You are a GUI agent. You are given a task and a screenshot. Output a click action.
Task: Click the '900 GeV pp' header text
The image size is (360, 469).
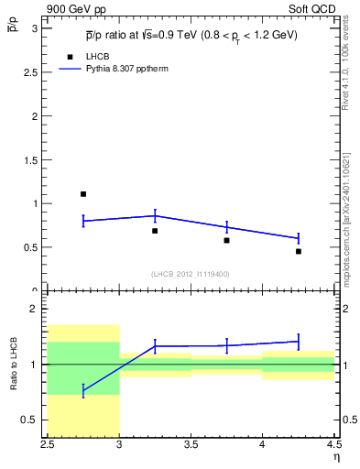tap(77, 8)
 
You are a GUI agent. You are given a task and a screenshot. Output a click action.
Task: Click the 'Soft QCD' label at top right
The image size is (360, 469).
tap(315, 8)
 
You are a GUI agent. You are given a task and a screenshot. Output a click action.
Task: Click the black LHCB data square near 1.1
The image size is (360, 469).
tap(82, 194)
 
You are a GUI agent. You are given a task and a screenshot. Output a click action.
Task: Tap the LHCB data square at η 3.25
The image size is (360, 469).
tap(155, 231)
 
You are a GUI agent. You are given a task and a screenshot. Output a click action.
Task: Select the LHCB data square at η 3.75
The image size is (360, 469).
tap(226, 240)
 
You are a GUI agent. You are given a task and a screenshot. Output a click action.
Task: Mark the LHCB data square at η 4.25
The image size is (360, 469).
tap(299, 251)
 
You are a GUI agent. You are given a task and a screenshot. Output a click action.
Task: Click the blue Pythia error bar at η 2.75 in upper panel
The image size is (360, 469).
tap(82, 221)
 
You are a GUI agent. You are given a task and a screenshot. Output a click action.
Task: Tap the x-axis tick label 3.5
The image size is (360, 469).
tap(191, 446)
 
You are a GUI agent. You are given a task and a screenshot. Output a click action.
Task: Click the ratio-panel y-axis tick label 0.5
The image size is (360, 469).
tap(32, 420)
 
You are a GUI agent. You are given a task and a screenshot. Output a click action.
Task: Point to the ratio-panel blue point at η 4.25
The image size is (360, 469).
tap(299, 342)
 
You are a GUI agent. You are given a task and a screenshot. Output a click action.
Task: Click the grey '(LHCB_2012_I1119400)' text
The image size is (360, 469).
tap(191, 274)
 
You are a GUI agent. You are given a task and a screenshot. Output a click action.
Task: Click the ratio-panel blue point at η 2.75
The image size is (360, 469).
tap(82, 391)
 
